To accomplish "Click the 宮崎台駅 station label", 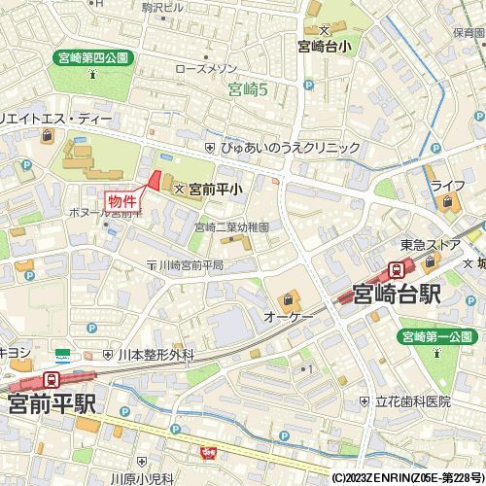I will coord(399,294).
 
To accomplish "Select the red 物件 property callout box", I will coord(123,198).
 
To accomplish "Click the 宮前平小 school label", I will coord(215,191).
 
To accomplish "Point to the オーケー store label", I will coord(288,318).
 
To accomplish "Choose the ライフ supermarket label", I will coord(448,185).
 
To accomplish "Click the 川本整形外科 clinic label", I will coord(156,356).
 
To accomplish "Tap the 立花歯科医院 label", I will coord(413,400).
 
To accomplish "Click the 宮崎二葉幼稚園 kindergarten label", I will coord(231,226).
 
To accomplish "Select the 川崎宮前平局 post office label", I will coord(191,264).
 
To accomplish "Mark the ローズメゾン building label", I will coord(207,70).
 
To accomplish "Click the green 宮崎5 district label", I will coord(247,91).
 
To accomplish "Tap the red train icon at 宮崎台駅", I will coord(398,269).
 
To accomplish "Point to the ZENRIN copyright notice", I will coord(407,478).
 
